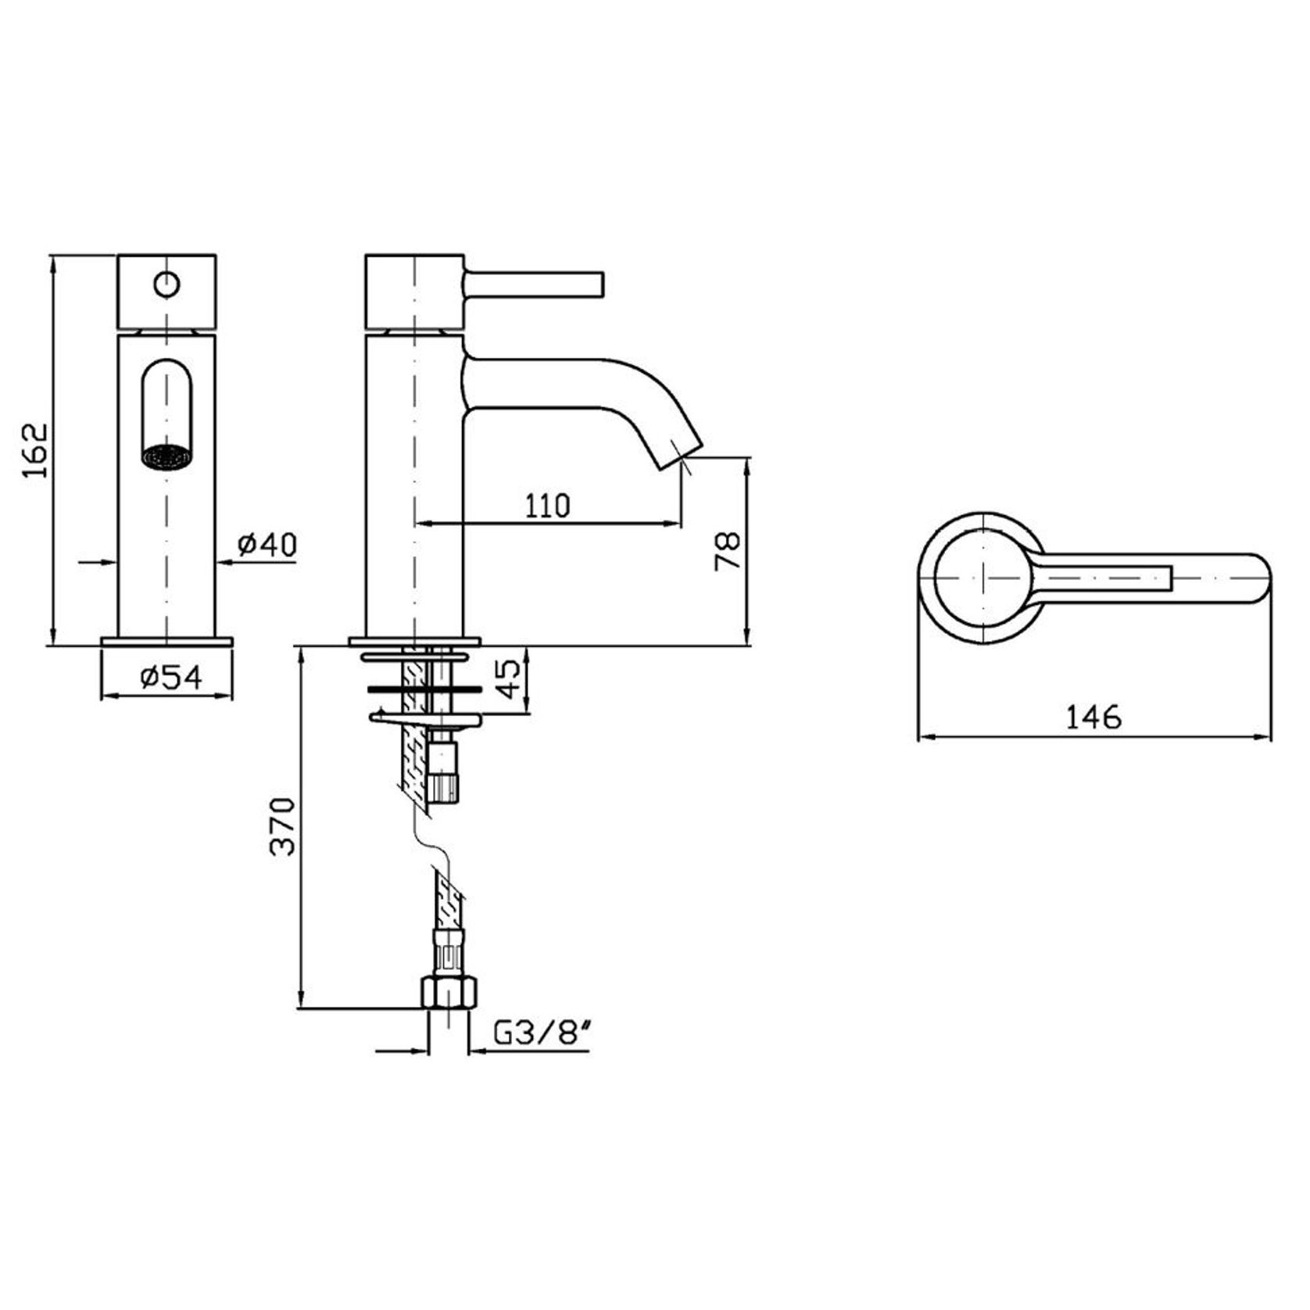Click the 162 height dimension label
coord(35,451)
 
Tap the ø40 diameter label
coord(267,544)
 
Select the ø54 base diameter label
coord(171,677)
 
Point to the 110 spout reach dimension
coord(547,506)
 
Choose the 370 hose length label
coord(282,826)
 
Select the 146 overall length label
coord(1094,716)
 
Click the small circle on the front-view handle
coord(166,285)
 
